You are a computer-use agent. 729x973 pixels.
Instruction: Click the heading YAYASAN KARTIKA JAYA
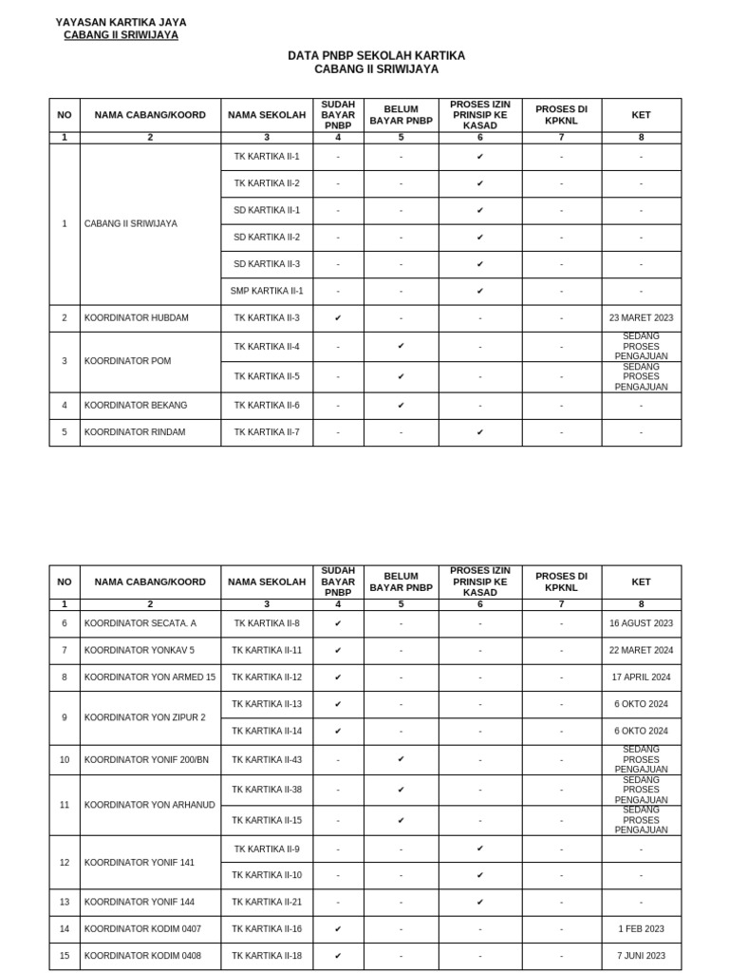pos(121,22)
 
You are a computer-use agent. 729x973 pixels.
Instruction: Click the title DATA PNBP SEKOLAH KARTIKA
pos(376,56)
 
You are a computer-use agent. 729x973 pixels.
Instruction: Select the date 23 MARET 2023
pos(641,318)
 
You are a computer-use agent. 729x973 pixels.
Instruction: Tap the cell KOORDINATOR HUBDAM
pos(136,318)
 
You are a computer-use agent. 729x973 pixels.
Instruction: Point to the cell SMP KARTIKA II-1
pos(267,292)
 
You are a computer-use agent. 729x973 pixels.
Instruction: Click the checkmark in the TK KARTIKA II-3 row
pos(338,318)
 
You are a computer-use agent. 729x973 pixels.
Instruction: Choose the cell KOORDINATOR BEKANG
pos(136,406)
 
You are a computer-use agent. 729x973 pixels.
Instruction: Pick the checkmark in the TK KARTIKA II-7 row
pos(480,432)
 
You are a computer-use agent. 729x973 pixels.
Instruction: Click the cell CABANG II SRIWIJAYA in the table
pos(130,224)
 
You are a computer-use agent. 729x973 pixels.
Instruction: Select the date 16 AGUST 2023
pos(641,624)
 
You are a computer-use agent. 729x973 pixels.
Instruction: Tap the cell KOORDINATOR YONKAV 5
pos(139,651)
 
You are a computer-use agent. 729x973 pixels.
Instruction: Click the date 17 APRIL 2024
pos(641,677)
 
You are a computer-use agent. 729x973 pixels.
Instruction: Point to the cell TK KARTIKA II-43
pos(267,760)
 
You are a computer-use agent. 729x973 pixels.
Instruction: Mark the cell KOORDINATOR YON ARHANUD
pos(149,805)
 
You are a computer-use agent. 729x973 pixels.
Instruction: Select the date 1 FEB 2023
pos(641,929)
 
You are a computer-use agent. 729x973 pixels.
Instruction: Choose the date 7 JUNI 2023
pos(641,956)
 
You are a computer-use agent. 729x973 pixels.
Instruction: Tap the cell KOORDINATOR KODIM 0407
pos(142,929)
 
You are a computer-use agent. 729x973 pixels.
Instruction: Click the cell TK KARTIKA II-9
pos(267,849)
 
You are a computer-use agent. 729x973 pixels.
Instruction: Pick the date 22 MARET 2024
pos(641,651)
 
